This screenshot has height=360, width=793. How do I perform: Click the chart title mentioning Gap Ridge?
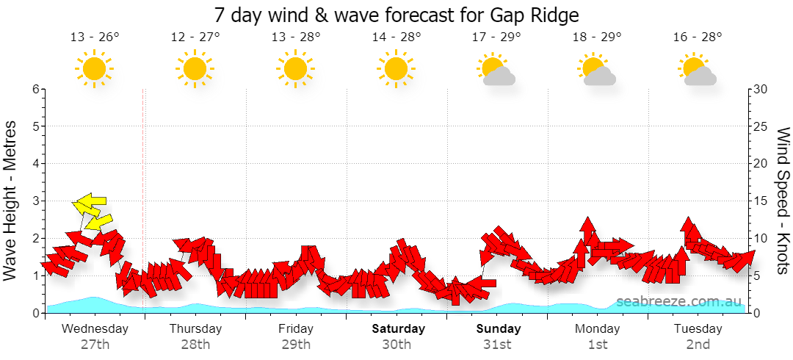pyautogui.click(x=396, y=15)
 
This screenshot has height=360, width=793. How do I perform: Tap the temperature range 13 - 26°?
pyautogui.click(x=95, y=37)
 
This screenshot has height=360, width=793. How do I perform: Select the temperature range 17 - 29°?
pyautogui.click(x=496, y=37)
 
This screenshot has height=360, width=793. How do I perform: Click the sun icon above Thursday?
pyautogui.click(x=195, y=68)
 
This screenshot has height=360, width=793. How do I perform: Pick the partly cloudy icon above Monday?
pyautogui.click(x=597, y=70)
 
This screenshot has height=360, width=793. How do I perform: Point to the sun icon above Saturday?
pyautogui.click(x=396, y=68)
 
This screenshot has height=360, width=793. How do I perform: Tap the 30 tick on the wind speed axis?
pyautogui.click(x=761, y=89)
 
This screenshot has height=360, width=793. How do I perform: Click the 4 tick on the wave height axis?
pyautogui.click(x=36, y=164)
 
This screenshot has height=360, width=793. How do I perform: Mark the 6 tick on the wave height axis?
pyautogui.click(x=36, y=89)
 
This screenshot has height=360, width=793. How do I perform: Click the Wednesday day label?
pyautogui.click(x=95, y=328)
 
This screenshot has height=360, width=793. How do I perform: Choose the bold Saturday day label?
pyautogui.click(x=399, y=328)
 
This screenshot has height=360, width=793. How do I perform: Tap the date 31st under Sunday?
pyautogui.click(x=499, y=345)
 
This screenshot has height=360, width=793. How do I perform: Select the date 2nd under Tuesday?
pyautogui.click(x=698, y=345)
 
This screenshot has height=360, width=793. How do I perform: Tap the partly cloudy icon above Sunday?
pyautogui.click(x=496, y=70)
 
